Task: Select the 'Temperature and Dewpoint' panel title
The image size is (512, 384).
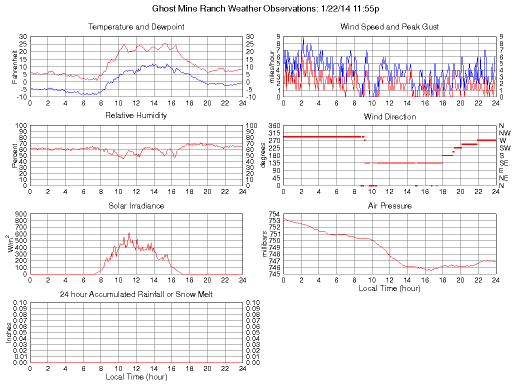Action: pos(136,26)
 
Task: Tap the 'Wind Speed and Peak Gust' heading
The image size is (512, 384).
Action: pos(389,26)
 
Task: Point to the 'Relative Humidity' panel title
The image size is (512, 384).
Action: pos(136,115)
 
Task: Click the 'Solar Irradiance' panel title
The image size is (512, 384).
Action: pos(136,205)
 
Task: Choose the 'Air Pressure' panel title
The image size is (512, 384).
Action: pos(389,205)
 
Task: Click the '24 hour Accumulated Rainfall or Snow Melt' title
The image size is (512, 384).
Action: pos(136,294)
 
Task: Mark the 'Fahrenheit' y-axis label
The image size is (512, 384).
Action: pos(15,66)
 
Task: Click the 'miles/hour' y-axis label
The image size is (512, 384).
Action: pos(272,66)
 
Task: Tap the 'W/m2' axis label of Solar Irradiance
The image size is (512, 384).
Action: pos(12,243)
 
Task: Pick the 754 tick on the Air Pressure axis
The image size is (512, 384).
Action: pos(275,214)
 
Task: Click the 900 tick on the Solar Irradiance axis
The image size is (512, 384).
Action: pos(21,214)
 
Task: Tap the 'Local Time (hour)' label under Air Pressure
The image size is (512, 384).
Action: pos(389,288)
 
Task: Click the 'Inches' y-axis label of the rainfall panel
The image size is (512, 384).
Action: pos(8,332)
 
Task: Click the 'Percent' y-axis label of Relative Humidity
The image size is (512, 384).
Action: pos(15,155)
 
